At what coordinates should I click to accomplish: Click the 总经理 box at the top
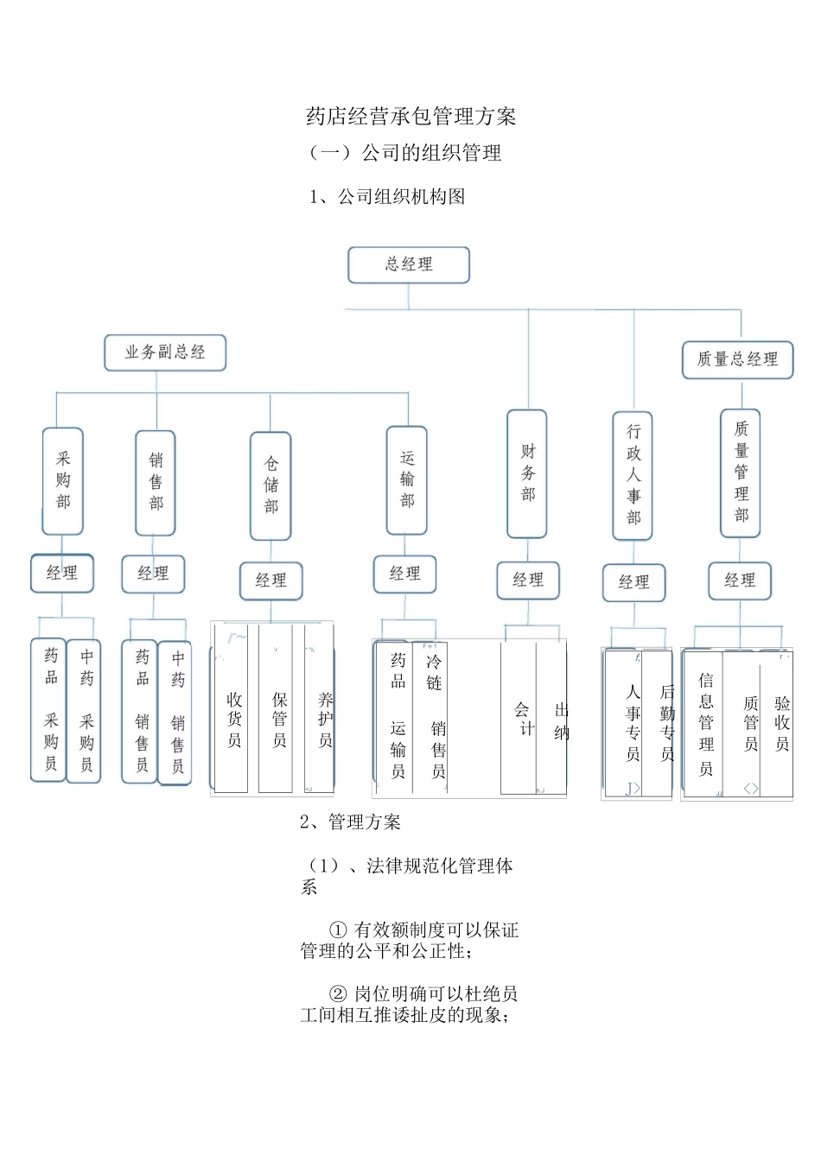(408, 265)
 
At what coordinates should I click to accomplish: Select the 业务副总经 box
(165, 352)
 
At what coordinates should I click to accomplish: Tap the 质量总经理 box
(737, 359)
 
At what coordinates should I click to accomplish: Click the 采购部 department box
(63, 481)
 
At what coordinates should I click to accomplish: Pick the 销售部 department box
(156, 483)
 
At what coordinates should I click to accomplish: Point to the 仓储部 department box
(270, 485)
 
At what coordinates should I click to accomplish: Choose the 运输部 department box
(406, 480)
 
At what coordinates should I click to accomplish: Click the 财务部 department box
(527, 473)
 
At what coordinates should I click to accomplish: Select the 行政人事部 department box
(633, 475)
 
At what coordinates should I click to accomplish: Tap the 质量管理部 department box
(741, 473)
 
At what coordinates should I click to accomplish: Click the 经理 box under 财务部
(528, 580)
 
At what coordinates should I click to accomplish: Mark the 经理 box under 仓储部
(270, 580)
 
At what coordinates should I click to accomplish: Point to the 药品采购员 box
(50, 710)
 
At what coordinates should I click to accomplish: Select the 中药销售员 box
(176, 712)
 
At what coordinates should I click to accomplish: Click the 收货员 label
(234, 720)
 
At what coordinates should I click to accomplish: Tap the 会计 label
(523, 719)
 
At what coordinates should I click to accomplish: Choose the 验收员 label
(781, 724)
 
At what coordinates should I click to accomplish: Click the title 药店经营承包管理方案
(411, 117)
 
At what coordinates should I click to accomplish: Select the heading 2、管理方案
(351, 822)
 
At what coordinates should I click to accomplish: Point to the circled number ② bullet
(338, 994)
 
